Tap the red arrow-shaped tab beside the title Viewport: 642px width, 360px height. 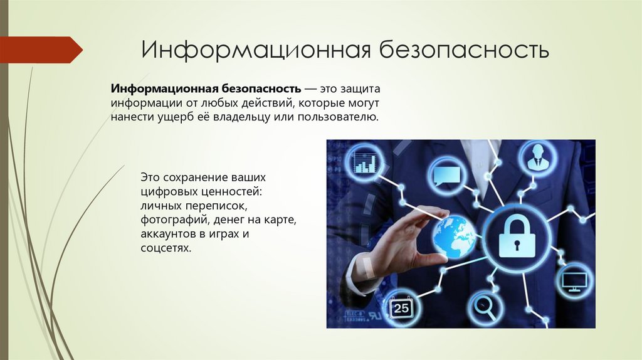(x=41, y=50)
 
